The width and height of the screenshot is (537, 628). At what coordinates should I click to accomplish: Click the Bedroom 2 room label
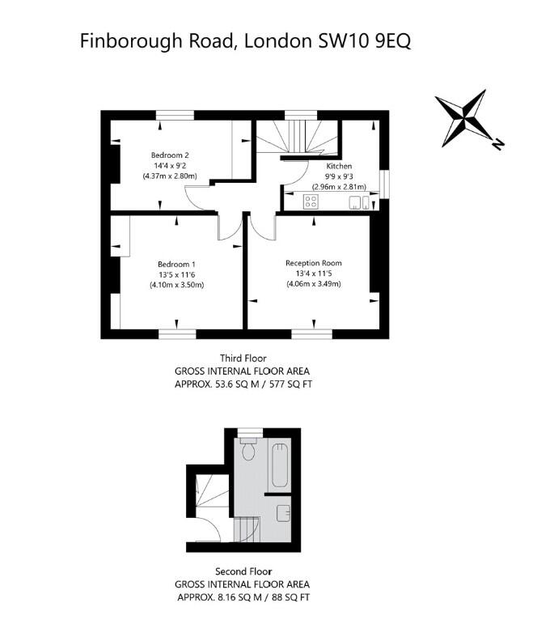[170, 155]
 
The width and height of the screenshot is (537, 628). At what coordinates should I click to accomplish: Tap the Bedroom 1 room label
[176, 265]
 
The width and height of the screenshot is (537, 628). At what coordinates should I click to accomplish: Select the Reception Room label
[314, 263]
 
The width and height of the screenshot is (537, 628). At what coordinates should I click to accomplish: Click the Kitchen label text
[339, 166]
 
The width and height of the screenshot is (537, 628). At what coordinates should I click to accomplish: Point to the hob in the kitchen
[311, 201]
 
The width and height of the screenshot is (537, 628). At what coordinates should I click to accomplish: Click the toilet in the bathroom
[248, 449]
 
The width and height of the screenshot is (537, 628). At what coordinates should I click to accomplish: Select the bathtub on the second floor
[281, 465]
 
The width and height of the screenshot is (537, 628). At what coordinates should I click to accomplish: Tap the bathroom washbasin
[283, 513]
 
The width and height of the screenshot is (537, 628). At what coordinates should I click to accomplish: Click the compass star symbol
[463, 118]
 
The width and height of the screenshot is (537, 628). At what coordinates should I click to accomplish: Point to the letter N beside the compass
[497, 144]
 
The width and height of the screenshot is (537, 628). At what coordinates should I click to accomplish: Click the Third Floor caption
[243, 358]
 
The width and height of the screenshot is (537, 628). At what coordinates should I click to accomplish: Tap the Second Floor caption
[243, 571]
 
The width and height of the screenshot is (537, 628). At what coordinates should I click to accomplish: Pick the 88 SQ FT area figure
[291, 597]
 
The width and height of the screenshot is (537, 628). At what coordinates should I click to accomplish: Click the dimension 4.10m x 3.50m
[177, 285]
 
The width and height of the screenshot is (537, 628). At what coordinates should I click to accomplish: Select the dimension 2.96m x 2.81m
[339, 187]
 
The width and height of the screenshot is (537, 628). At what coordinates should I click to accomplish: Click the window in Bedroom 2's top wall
[175, 115]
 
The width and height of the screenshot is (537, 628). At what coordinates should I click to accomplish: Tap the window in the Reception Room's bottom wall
[311, 333]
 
